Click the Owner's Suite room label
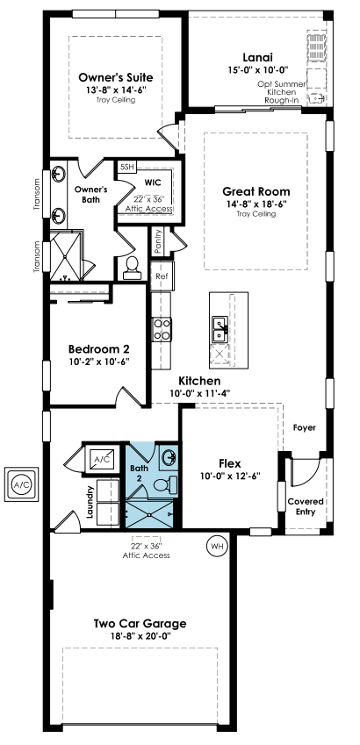click(116, 77)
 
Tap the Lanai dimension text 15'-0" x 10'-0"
click(258, 69)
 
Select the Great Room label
click(256, 191)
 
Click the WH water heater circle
click(217, 547)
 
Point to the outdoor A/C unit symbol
click(20, 484)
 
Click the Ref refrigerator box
click(162, 276)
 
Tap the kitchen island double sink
click(220, 328)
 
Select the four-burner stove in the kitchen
click(162, 330)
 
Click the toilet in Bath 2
click(166, 484)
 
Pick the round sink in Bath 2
click(169, 458)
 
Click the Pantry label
click(158, 241)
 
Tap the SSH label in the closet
click(127, 167)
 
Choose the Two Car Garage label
click(140, 623)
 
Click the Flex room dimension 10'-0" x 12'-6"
click(230, 475)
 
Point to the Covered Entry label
click(306, 506)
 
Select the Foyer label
click(305, 427)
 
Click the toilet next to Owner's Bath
click(132, 268)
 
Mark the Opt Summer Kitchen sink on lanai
click(317, 97)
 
